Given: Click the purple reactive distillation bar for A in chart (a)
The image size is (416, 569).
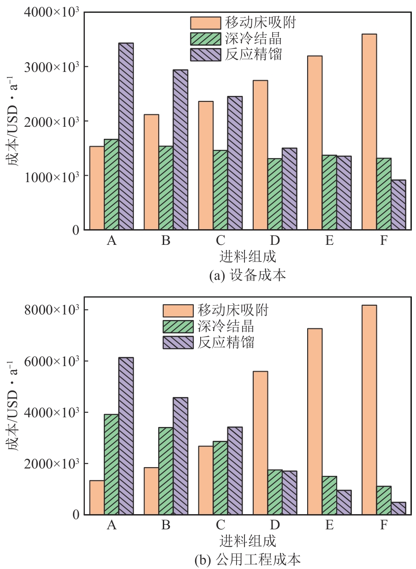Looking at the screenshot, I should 126,136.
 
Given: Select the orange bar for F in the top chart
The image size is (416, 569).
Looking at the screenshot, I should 369,132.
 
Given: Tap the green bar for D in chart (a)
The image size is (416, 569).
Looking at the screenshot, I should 275,194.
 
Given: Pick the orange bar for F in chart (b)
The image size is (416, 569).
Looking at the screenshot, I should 369,410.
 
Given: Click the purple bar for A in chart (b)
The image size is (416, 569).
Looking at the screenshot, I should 126,436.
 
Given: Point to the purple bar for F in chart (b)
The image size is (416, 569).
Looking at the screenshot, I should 398,508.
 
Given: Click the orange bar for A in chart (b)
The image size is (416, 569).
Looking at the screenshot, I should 97,498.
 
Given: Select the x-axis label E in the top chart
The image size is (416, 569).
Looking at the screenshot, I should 329,241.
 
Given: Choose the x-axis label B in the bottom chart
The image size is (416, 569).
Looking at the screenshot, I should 166,525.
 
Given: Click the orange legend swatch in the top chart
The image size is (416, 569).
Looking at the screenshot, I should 205,23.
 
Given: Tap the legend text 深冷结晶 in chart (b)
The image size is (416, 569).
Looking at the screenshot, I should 226,326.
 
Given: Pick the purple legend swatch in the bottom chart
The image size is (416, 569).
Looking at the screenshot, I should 178,343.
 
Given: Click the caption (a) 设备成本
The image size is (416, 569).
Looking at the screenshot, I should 247,276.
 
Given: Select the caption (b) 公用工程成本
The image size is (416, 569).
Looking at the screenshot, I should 248,560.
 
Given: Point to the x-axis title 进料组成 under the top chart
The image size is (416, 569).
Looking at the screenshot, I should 248,256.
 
